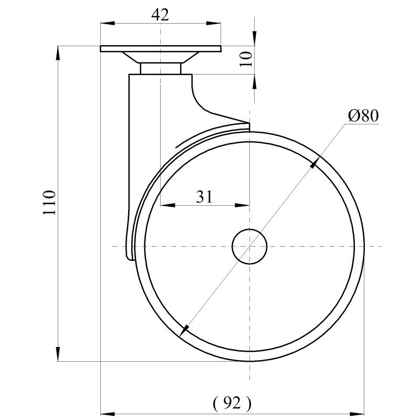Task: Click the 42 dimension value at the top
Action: pos(160,14)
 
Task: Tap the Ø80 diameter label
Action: pos(363,115)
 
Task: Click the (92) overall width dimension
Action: pos(232,403)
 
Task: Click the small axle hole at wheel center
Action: pos(250,246)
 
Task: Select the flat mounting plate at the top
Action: pos(160,49)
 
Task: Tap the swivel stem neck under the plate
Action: pos(160,69)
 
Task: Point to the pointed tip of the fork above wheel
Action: pos(248,125)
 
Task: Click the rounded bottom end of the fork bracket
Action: pos(130,256)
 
